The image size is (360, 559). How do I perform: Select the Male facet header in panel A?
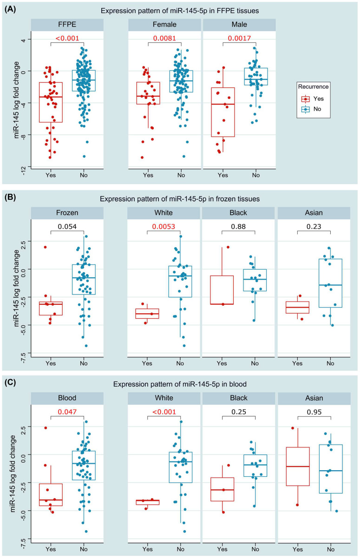pyautogui.click(x=239, y=26)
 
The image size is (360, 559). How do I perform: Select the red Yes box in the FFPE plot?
pyautogui.click(x=51, y=102)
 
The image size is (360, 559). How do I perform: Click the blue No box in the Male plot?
pyautogui.click(x=255, y=76)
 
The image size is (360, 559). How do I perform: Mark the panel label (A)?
pyautogui.click(x=10, y=9)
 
